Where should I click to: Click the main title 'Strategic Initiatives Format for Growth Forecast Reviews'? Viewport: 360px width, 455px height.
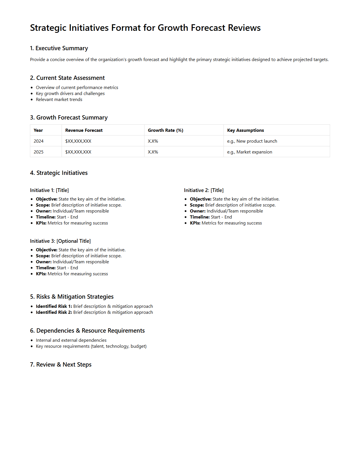click(x=145, y=28)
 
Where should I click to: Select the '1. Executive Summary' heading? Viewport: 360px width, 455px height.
click(x=59, y=48)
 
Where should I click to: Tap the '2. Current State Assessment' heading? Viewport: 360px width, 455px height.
click(x=67, y=78)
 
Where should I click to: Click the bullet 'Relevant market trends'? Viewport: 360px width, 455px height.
click(x=59, y=100)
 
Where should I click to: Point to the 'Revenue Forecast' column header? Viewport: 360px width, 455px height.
click(x=84, y=130)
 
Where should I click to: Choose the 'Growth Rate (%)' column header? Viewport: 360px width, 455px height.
click(x=165, y=130)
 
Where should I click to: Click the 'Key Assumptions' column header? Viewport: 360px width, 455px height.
click(x=245, y=130)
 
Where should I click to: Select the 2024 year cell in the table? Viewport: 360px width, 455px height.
click(x=38, y=141)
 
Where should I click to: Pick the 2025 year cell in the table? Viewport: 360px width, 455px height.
click(x=38, y=152)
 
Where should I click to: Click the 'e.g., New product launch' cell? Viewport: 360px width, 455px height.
click(x=252, y=141)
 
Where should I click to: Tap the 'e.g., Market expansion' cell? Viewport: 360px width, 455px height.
click(x=249, y=152)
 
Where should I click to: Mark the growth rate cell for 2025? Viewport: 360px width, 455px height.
click(x=153, y=152)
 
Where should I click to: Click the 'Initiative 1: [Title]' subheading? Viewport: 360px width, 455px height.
click(x=49, y=190)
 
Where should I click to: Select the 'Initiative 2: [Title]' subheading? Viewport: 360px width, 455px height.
click(x=204, y=190)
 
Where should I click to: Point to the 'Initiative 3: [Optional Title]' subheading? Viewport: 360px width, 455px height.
click(x=60, y=241)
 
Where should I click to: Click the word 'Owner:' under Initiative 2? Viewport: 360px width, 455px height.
click(x=198, y=211)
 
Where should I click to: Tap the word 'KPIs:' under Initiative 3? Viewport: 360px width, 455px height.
click(x=41, y=274)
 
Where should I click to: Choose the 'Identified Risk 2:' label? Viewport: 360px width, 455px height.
click(x=54, y=312)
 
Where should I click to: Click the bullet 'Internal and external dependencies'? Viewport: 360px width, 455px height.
click(x=71, y=340)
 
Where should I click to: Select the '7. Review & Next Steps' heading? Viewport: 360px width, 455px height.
click(x=61, y=365)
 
